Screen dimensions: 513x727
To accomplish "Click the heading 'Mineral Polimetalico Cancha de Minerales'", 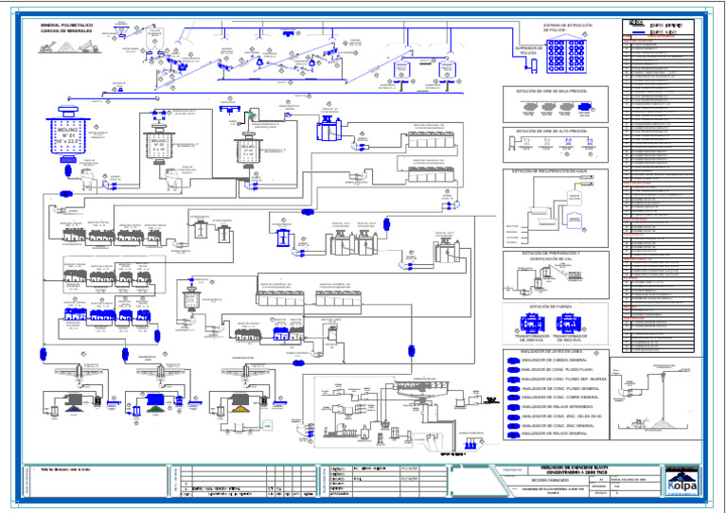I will [64, 27].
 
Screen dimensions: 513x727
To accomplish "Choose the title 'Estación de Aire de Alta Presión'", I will [550, 131].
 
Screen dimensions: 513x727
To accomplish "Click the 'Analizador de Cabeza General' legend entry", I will [553, 361].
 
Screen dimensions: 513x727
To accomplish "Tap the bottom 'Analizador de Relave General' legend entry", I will [554, 433].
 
